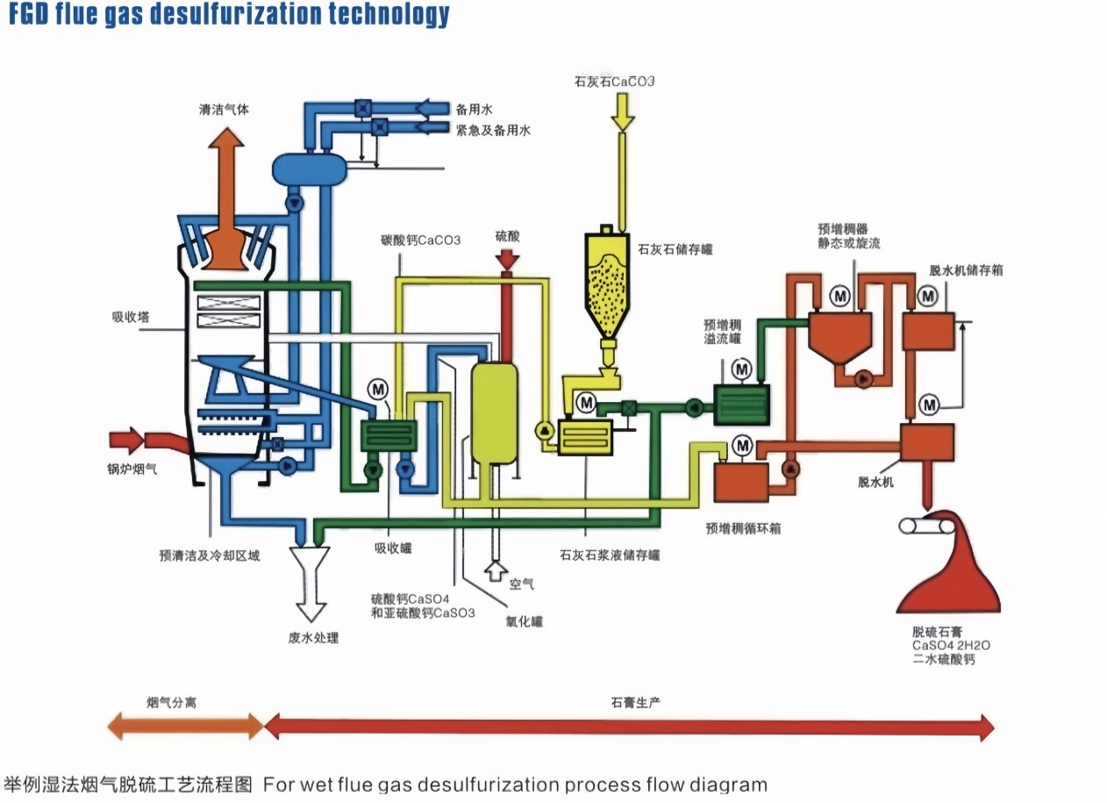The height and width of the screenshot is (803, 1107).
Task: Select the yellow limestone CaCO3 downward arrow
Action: pos(622,111)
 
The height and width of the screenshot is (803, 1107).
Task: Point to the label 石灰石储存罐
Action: pos(676,249)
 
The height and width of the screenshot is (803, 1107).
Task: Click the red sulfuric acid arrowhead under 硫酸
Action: pos(507,260)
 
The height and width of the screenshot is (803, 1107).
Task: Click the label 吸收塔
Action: pos(130,317)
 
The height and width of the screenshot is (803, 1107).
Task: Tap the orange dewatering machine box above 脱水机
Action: pos(927,443)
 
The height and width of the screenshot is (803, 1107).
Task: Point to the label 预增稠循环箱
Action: pos(743,529)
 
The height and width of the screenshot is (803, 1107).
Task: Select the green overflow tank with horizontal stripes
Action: pos(741,405)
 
